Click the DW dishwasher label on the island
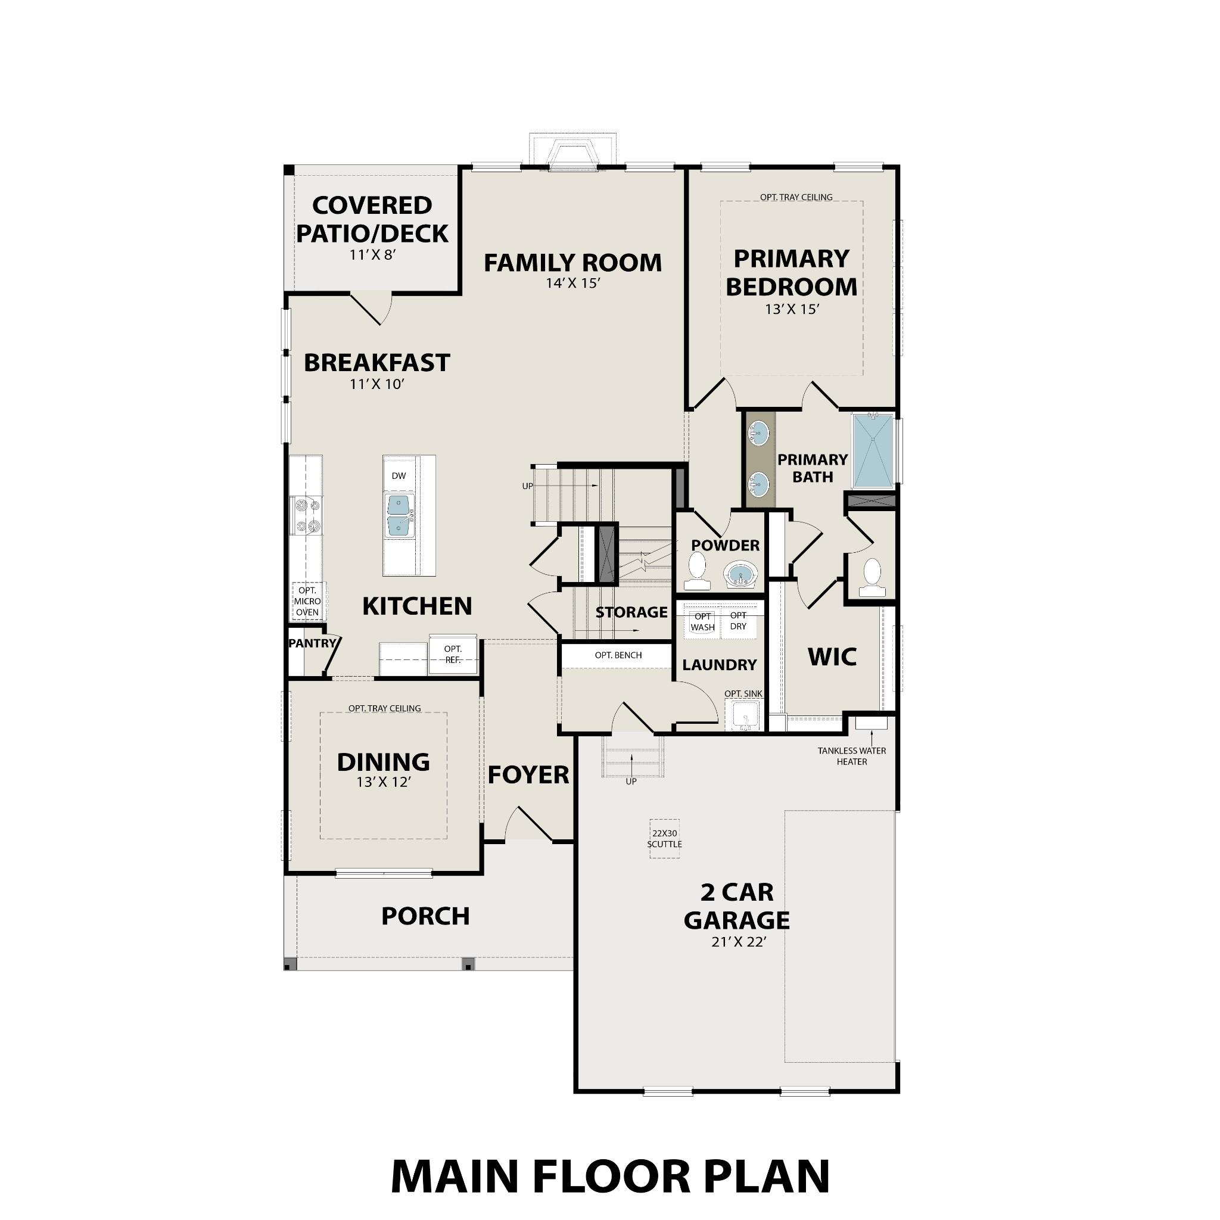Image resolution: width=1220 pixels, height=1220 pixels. tap(399, 475)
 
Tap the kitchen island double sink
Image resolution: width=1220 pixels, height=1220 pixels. tap(400, 515)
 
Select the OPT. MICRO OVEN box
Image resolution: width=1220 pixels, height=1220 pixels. tap(307, 601)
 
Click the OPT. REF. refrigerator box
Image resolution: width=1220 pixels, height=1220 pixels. tap(453, 654)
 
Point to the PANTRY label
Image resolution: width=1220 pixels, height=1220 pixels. tap(312, 643)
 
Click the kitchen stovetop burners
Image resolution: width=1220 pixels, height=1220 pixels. tap(306, 515)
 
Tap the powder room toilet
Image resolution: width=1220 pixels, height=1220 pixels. tap(697, 567)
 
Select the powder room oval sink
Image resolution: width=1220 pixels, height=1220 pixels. tap(740, 574)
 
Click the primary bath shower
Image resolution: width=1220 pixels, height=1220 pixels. tap(873, 450)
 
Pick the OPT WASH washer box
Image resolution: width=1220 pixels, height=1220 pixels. tap(703, 621)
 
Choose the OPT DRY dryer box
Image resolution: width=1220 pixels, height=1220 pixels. tap(738, 621)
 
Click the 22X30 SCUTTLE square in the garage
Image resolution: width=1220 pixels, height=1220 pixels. tap(664, 839)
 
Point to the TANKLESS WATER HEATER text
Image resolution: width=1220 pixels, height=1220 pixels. tap(852, 756)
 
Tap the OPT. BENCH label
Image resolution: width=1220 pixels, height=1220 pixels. tap(618, 655)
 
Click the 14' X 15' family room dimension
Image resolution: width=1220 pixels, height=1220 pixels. tap(572, 283)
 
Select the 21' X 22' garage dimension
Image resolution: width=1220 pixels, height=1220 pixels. tap(738, 942)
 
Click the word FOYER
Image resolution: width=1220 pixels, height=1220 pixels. tap(528, 775)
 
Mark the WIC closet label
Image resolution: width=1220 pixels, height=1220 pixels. tap(832, 656)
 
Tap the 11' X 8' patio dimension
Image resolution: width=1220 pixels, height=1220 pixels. tap(372, 254)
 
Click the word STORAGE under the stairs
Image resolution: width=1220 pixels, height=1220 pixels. tap(631, 612)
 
